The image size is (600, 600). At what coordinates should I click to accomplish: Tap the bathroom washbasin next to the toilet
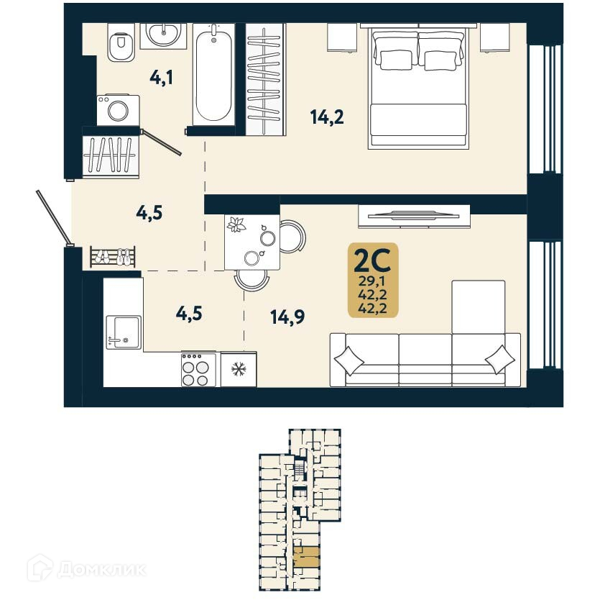pos(163,34)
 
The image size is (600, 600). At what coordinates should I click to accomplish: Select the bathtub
pos(213,75)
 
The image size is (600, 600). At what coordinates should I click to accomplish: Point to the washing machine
pos(118,109)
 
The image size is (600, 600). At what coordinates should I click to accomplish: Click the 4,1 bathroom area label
pos(161,77)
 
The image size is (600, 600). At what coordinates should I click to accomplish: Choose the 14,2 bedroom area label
pos(327,117)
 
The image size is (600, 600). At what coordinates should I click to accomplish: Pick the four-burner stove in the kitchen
pos(198,370)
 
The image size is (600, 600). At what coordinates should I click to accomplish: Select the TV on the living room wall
pos(414,214)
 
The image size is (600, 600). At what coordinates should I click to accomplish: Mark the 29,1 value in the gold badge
pos(372,281)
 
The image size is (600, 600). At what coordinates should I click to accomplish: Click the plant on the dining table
pos(236,226)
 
